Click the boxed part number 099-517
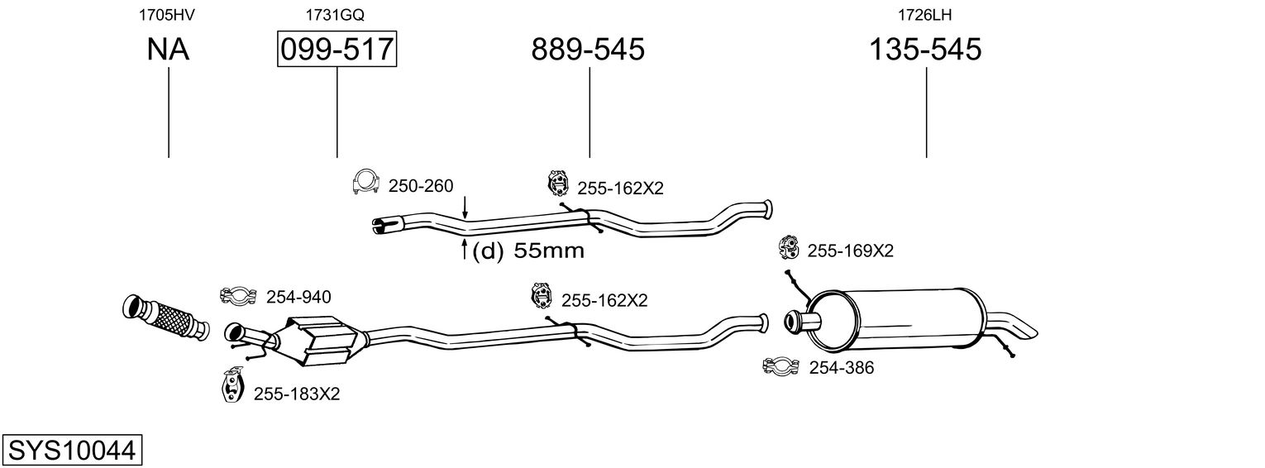337,50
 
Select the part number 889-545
588,50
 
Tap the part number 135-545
925,50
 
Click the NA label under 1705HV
168,50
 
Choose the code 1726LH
924,15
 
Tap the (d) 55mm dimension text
527,251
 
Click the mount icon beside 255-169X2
789,247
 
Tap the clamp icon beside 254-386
781,365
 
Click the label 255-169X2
850,251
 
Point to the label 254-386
841,368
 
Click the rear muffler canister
897,319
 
